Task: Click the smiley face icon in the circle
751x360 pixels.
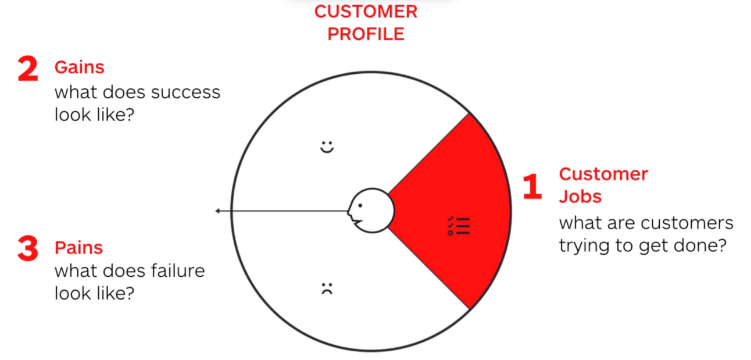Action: [x=328, y=147]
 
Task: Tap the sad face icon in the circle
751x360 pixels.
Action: [x=327, y=288]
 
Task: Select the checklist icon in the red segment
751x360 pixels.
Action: [x=459, y=226]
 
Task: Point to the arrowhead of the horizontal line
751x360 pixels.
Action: [x=217, y=211]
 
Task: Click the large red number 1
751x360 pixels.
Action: [x=532, y=186]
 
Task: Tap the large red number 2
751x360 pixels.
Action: [x=27, y=69]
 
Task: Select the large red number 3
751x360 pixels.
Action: [x=27, y=249]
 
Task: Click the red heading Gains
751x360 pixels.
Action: [x=79, y=67]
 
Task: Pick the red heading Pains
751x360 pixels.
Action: [x=78, y=248]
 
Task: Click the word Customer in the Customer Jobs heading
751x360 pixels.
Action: [x=603, y=174]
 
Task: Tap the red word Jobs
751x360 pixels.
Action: [x=580, y=197]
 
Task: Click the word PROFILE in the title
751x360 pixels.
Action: [x=366, y=34]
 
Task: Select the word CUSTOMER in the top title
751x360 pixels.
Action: [x=366, y=12]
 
